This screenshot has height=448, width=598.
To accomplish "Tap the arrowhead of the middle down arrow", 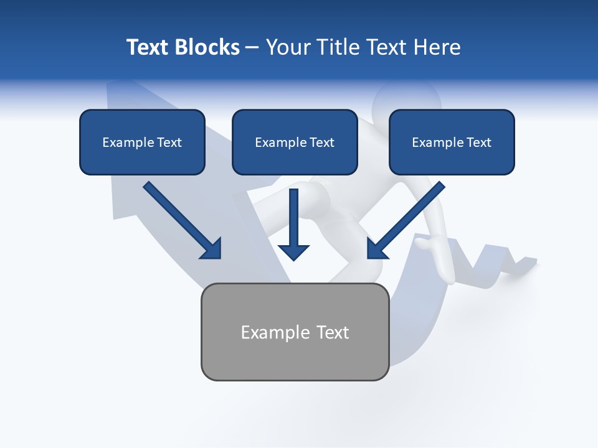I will point(294,251).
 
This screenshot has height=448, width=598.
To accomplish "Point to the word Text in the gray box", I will point(333,332).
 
